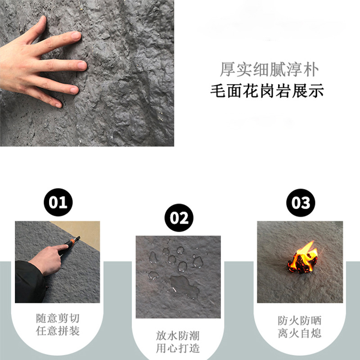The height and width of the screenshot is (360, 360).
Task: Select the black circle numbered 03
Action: [x=300, y=203]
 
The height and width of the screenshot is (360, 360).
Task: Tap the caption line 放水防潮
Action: [x=178, y=335]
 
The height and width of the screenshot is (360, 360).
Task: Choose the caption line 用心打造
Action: [x=178, y=349]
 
